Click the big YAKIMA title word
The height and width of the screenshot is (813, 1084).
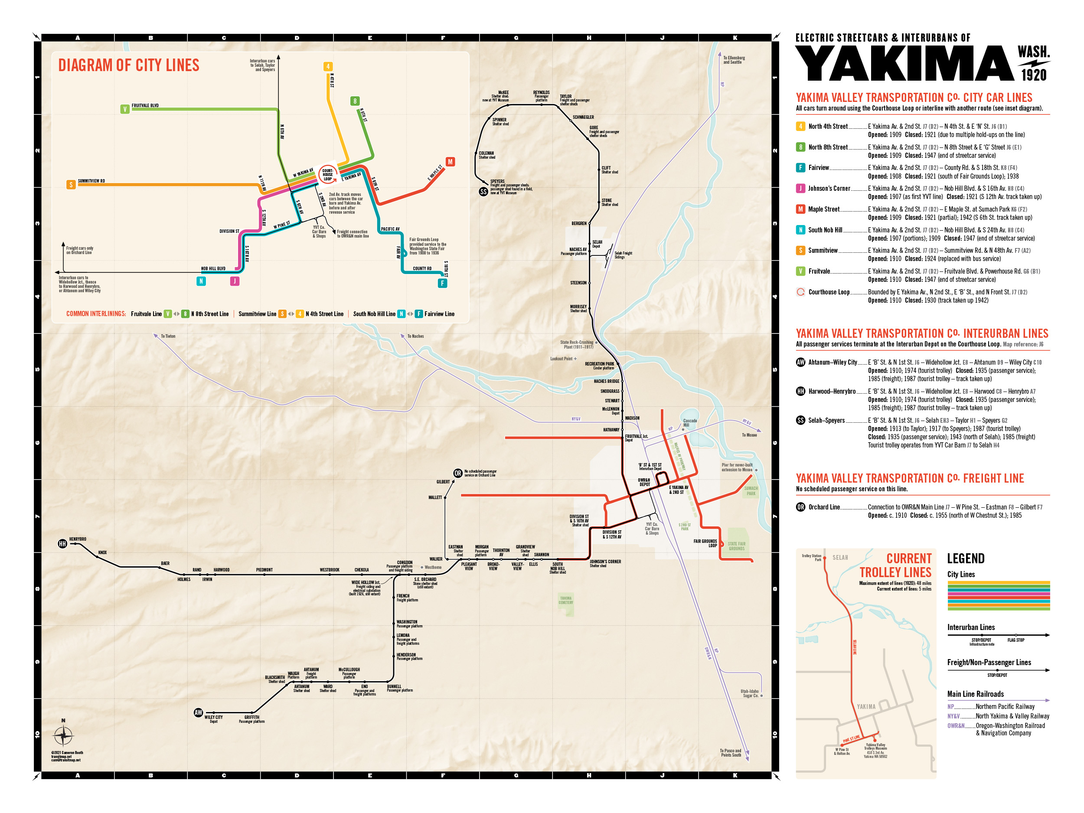coord(904,64)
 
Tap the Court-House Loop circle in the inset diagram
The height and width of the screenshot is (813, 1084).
coord(327,174)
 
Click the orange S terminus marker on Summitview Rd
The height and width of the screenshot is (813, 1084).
coord(71,185)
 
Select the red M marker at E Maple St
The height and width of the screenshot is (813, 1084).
coord(450,162)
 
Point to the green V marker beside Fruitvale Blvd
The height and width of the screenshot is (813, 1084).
coord(125,109)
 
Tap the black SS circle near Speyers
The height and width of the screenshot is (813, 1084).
coord(483,192)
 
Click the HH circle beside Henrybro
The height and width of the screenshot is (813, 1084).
coord(62,543)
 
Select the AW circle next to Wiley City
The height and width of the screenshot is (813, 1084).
coord(198,712)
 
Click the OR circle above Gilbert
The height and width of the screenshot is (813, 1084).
coord(457,473)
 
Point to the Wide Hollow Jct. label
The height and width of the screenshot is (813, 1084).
coord(366,583)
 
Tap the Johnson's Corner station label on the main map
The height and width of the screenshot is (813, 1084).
coord(605,562)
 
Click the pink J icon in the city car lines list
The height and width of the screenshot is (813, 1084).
coord(800,188)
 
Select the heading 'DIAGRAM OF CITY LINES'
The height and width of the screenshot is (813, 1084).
coord(128,65)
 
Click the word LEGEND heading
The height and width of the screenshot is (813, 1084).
coord(965,558)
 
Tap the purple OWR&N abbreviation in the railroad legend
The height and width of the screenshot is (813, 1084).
coord(955,726)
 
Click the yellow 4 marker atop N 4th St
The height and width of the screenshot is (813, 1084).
coord(328,67)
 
